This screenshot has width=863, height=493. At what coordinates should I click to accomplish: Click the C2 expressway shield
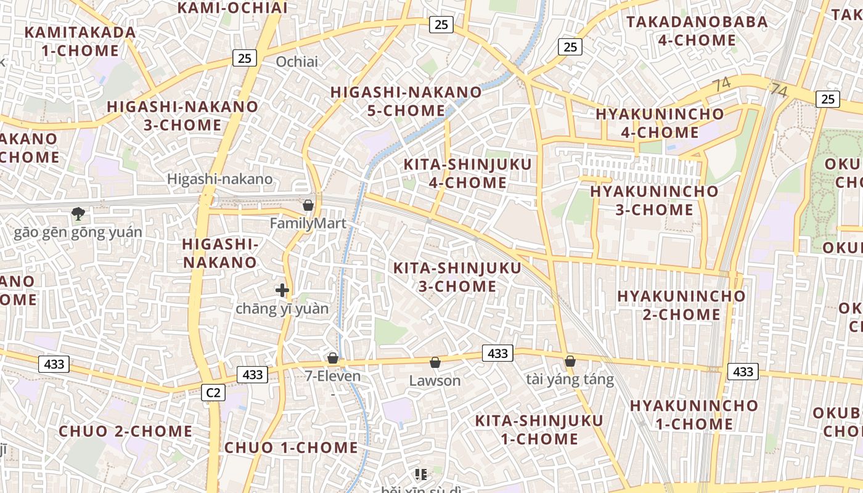click(x=214, y=392)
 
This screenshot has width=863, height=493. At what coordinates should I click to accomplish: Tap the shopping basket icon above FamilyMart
click(x=308, y=205)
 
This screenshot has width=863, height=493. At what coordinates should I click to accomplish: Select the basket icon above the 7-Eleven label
click(x=333, y=358)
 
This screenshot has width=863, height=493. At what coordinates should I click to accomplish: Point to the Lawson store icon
click(x=435, y=362)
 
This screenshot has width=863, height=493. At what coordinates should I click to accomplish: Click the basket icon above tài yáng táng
click(x=570, y=361)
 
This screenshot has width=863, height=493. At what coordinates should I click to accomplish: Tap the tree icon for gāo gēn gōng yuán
click(x=78, y=214)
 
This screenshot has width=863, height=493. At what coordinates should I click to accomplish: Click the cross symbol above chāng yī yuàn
click(x=282, y=290)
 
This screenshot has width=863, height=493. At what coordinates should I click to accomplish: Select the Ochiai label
click(x=297, y=62)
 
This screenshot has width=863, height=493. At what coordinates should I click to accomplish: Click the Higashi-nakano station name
click(x=219, y=179)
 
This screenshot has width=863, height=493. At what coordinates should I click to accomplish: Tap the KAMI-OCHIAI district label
click(x=232, y=8)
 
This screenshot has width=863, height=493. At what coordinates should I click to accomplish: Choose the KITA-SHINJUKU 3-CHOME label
click(x=457, y=277)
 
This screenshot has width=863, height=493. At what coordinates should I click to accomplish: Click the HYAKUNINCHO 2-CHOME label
click(x=681, y=305)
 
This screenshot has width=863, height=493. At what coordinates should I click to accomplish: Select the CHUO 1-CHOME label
click(x=291, y=447)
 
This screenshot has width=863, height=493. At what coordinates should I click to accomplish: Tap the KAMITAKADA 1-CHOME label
click(x=80, y=41)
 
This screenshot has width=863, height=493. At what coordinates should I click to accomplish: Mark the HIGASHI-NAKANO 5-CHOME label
click(x=406, y=102)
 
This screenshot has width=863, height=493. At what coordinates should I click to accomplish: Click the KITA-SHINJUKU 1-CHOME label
click(x=539, y=430)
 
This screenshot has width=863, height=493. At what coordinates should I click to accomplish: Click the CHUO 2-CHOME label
click(x=126, y=431)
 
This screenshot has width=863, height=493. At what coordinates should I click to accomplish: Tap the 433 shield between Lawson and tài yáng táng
click(x=497, y=353)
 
